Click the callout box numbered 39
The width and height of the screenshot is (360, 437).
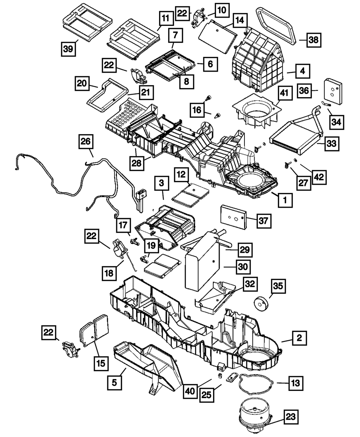[x=68, y=49]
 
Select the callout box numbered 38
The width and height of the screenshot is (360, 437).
[x=314, y=40]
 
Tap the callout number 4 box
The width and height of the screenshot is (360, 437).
[x=303, y=71]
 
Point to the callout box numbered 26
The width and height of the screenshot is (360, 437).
[x=86, y=141]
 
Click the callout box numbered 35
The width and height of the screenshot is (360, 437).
[x=278, y=286]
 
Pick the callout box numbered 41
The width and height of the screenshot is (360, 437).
[x=284, y=93]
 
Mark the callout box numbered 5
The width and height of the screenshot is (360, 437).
[x=114, y=383]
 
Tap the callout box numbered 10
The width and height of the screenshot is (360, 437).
[x=222, y=10]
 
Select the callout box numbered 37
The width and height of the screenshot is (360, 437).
[x=264, y=221]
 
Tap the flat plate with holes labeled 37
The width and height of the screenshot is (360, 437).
[x=233, y=217]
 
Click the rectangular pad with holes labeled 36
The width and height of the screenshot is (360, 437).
[x=333, y=91]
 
